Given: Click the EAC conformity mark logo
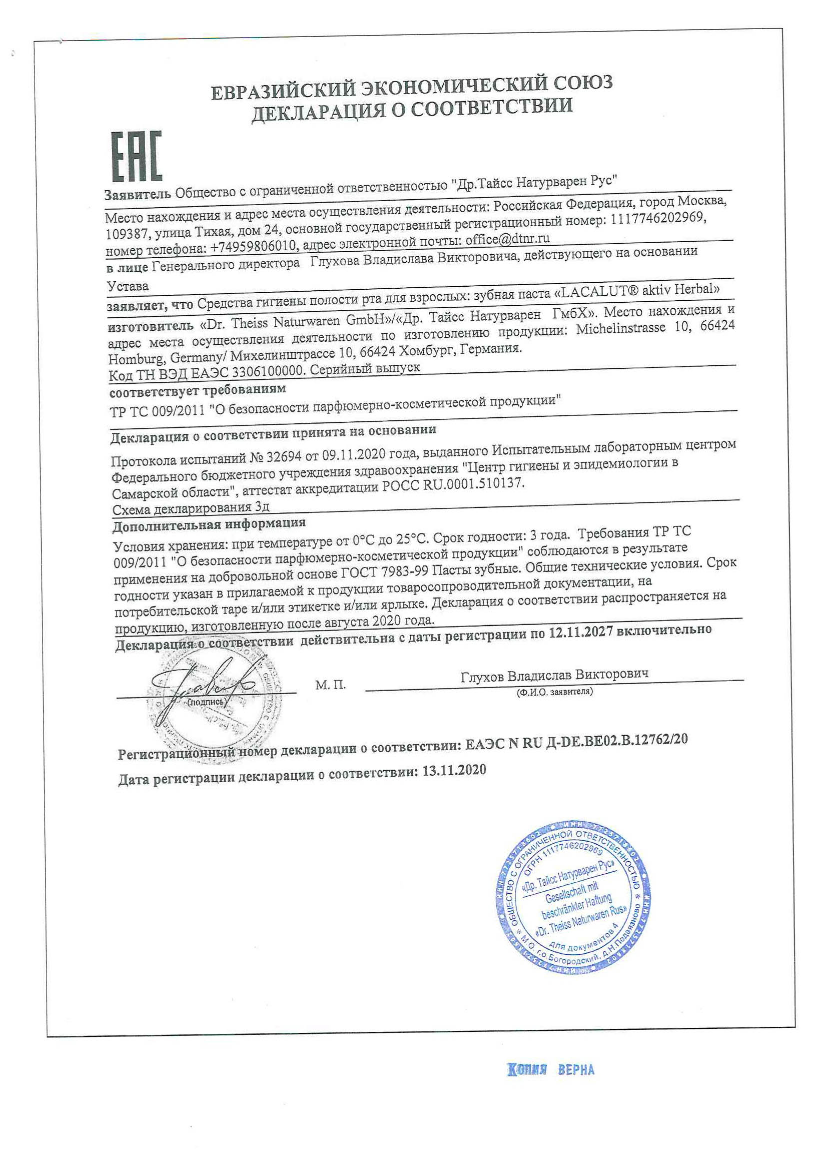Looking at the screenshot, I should pos(136,157).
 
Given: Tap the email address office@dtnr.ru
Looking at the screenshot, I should pos(507,239).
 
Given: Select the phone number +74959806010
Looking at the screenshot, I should pos(253,247).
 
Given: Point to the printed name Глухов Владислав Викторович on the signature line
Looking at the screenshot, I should pos(554,675).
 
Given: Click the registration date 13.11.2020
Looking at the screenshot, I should pos(454,771).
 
